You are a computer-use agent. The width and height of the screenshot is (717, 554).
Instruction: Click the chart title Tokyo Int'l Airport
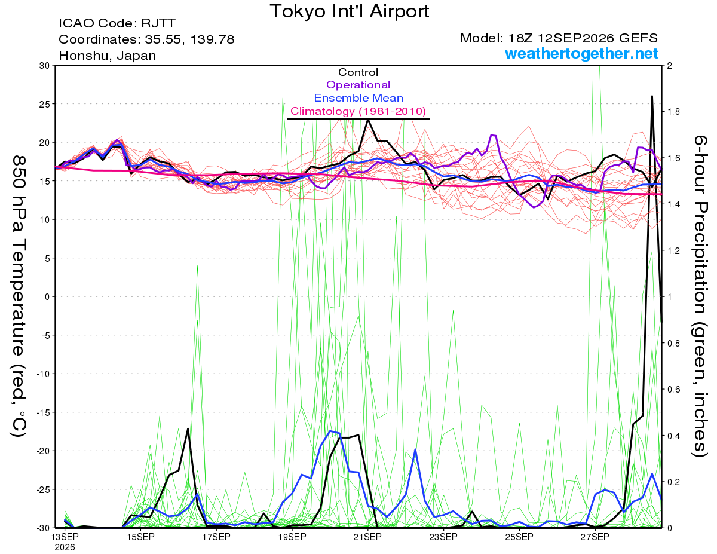pyautogui.click(x=350, y=11)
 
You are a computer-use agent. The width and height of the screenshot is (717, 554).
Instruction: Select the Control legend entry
pyautogui.click(x=358, y=72)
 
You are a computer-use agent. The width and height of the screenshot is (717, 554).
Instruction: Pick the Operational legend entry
pyautogui.click(x=358, y=85)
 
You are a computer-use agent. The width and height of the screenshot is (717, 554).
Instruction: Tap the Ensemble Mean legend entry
pyautogui.click(x=358, y=98)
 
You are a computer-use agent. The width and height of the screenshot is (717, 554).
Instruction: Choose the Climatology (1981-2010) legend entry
pyautogui.click(x=358, y=111)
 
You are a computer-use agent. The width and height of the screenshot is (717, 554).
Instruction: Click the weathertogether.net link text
pyautogui.click(x=581, y=53)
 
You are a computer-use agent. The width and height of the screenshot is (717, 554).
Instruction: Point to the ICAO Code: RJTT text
pyautogui.click(x=117, y=23)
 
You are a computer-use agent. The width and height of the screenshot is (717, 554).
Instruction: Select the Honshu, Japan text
pyautogui.click(x=107, y=56)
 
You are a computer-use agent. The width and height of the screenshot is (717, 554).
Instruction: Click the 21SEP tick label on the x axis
pyautogui.click(x=367, y=537)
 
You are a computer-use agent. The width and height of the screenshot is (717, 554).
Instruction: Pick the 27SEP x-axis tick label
pyautogui.click(x=595, y=537)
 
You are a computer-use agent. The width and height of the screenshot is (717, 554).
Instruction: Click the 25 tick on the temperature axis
pyautogui.click(x=44, y=104)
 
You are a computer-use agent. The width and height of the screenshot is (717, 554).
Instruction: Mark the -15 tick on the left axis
pyautogui.click(x=42, y=412)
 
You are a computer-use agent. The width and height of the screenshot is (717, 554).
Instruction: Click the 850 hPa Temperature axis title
pyautogui.click(x=19, y=296)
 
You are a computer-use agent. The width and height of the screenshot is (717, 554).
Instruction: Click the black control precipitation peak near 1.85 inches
pyautogui.click(x=652, y=96)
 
